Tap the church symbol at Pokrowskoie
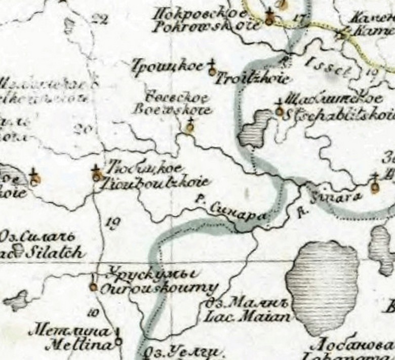pyautogui.click(x=270, y=20)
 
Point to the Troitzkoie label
pyautogui.click(x=253, y=79)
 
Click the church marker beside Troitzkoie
pyautogui.click(x=213, y=71)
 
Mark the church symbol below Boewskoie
pyautogui.click(x=190, y=127)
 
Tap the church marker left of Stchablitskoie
pyautogui.click(x=279, y=111)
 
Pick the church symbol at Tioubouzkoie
pyautogui.click(x=97, y=176)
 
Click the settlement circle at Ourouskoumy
pyautogui.click(x=93, y=287)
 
